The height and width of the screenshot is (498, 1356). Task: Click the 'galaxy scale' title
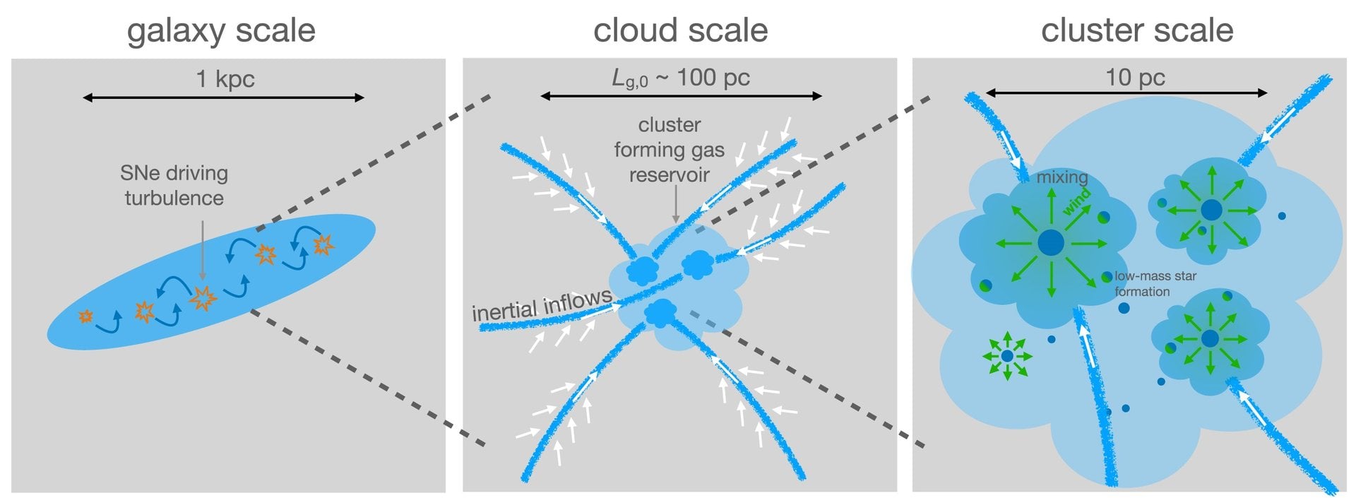click(x=221, y=31)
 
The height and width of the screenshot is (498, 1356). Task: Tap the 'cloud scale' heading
click(x=680, y=31)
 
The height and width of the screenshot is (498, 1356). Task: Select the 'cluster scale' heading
click(x=1137, y=31)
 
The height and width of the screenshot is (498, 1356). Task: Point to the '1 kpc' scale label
click(x=225, y=78)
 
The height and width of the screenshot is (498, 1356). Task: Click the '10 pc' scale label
click(x=1135, y=77)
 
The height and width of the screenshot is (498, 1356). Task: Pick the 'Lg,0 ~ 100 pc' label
click(x=681, y=78)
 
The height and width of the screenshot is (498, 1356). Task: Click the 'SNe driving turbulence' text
click(x=174, y=185)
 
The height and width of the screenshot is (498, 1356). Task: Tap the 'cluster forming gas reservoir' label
click(x=669, y=150)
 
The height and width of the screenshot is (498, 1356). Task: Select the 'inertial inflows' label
click(x=542, y=304)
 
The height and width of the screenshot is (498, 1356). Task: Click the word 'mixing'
click(x=1061, y=177)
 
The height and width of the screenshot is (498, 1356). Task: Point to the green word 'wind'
click(x=1077, y=201)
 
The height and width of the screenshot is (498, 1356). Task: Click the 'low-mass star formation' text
click(x=1155, y=283)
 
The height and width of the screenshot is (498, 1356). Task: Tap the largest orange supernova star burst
click(x=203, y=298)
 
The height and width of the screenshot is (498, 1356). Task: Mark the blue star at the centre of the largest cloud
click(x=1051, y=242)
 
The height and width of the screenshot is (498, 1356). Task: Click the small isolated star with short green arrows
click(x=1007, y=357)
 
